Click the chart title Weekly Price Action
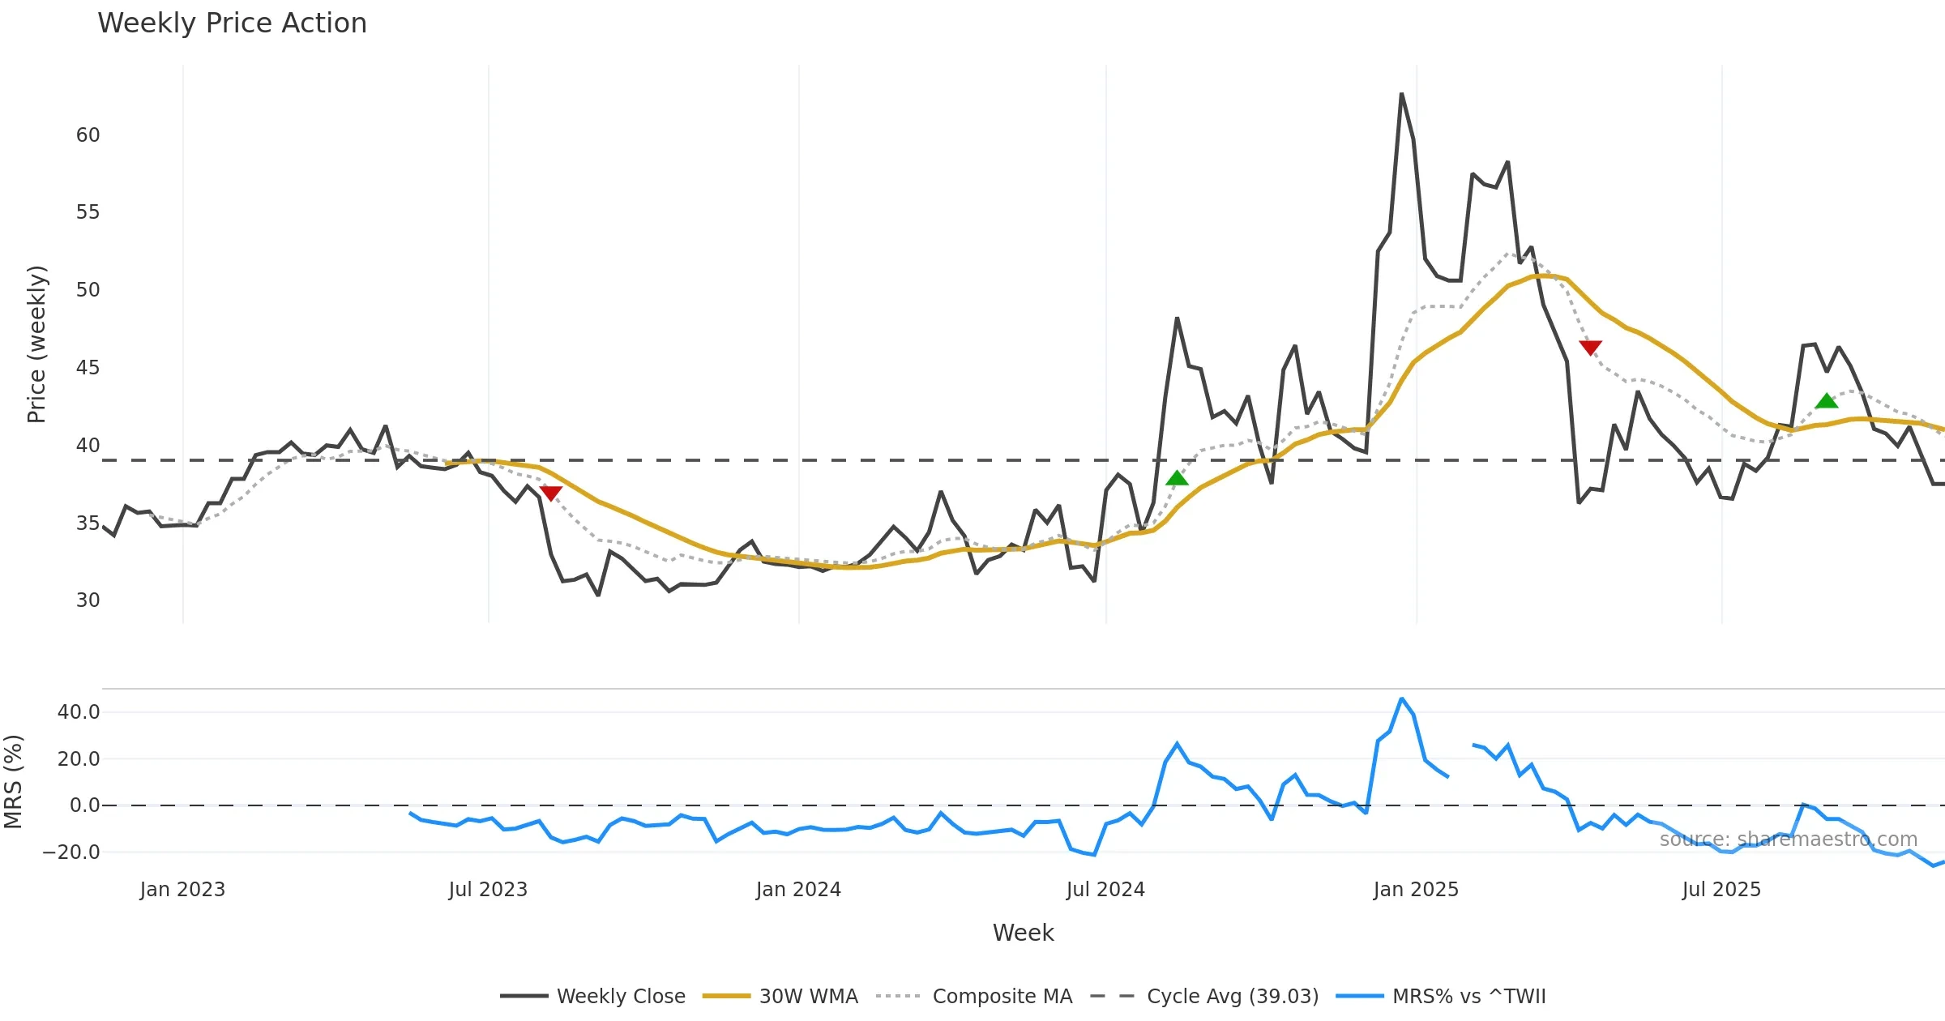point(232,23)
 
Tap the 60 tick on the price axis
point(88,135)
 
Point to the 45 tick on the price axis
point(88,368)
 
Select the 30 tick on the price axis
point(88,600)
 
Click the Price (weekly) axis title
point(36,344)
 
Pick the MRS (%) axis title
point(14,782)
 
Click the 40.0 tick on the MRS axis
point(79,712)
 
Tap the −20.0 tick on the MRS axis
point(71,852)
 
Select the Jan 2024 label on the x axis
point(798,890)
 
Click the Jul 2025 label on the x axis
point(1721,890)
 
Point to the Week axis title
point(1023,933)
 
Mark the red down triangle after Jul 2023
point(550,493)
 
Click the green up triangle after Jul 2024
point(1177,478)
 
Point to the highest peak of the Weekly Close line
point(1401,94)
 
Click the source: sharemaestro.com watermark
point(1788,839)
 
